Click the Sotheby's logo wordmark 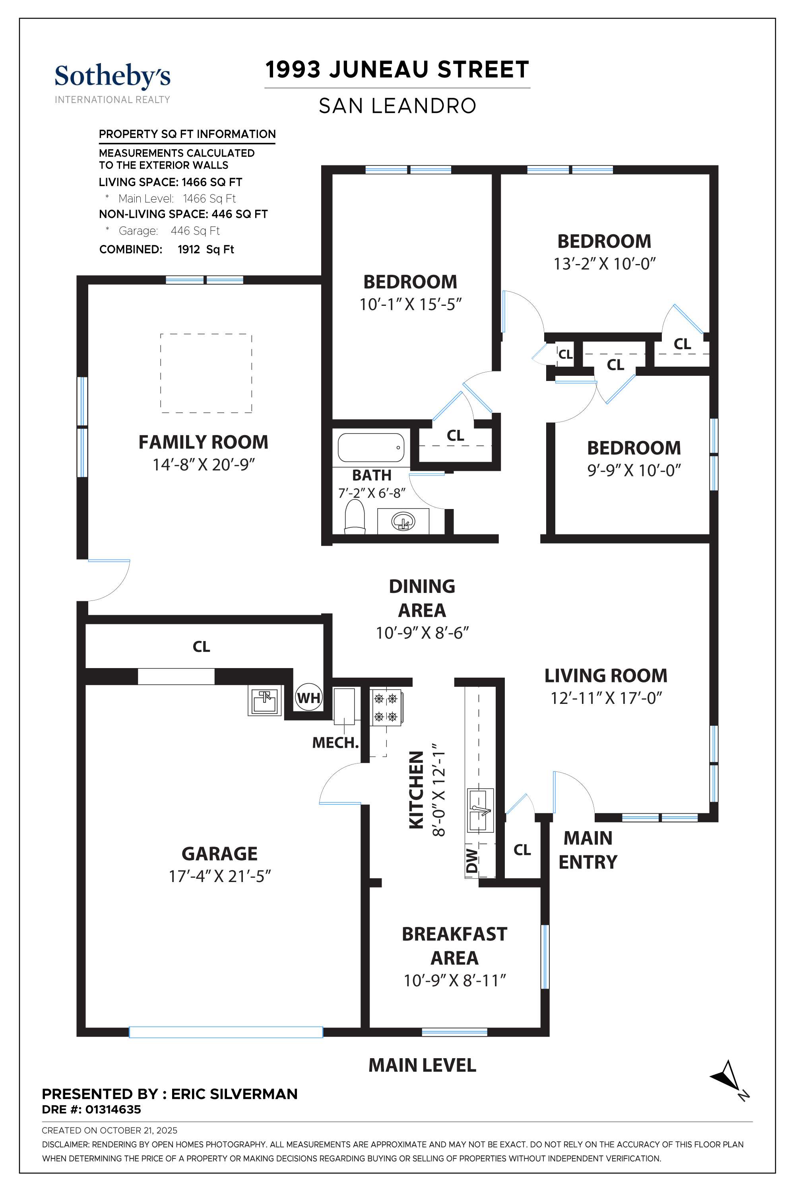112,77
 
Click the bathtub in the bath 371,447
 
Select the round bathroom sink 403,521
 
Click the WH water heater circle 309,698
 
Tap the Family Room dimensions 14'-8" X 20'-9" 203,464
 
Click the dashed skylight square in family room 206,373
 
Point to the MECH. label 335,743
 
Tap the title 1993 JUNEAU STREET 397,70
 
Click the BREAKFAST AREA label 454,946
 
